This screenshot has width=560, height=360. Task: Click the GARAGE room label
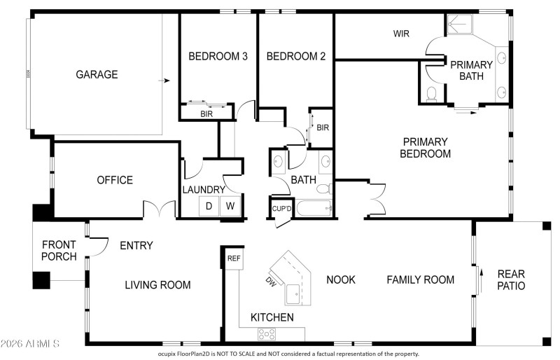(97, 74)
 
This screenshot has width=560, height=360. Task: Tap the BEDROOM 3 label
(218, 56)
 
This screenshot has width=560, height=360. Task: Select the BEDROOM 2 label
(296, 56)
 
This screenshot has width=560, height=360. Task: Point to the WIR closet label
(401, 34)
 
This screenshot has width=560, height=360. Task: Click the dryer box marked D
(209, 206)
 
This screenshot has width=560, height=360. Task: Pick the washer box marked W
(230, 206)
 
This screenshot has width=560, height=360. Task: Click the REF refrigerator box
(234, 258)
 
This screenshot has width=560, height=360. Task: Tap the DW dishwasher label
(271, 282)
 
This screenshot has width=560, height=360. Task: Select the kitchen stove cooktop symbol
(267, 334)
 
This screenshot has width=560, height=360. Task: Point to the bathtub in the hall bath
(314, 208)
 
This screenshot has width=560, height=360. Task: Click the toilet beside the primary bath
(432, 94)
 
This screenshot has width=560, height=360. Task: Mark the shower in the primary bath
(460, 25)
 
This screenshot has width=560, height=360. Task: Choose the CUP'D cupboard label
(282, 209)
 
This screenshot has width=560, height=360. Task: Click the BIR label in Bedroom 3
(206, 113)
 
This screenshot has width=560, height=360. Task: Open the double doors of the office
(160, 209)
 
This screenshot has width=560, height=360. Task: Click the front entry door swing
(99, 247)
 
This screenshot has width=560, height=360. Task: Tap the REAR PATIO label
(511, 280)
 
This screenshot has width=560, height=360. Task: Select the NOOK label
(341, 279)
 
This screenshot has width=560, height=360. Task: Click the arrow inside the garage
(164, 81)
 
